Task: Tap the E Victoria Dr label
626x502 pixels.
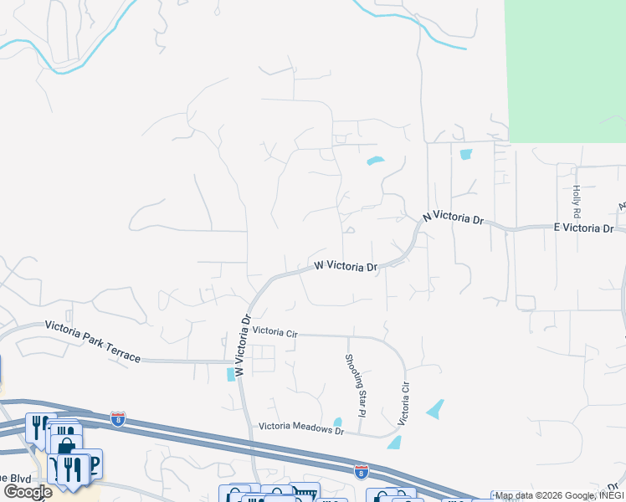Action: coord(584,228)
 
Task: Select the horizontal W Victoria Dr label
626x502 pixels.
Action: coord(346,267)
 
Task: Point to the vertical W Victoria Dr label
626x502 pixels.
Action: coord(243,345)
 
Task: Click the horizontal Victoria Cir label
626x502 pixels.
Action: coord(275,332)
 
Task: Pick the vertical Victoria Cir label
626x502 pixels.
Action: coord(405,404)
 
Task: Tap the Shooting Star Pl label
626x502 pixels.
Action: coord(356,385)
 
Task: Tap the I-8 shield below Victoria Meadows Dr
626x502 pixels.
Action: coord(361,471)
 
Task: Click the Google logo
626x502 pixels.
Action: coord(28,492)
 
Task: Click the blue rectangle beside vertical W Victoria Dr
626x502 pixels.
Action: coord(231,374)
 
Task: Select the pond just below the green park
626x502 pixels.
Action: coord(466,154)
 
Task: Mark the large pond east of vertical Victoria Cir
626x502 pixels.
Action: coord(435,409)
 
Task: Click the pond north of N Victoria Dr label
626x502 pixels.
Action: coord(375,161)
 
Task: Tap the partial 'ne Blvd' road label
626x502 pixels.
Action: coord(15,476)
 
